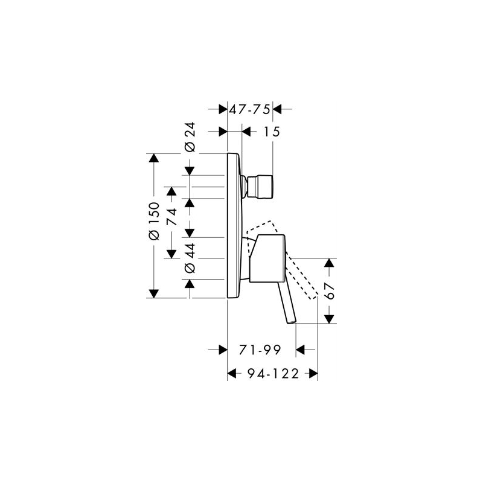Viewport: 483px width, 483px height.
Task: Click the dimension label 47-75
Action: (249, 109)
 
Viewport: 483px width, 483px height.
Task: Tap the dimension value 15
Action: (272, 132)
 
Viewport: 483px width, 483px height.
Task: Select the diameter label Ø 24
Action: (190, 137)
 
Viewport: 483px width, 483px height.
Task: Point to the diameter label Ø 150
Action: (154, 221)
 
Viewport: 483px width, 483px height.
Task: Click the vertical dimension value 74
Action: (171, 217)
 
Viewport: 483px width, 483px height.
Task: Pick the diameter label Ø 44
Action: (190, 258)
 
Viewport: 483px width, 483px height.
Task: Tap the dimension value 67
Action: (330, 291)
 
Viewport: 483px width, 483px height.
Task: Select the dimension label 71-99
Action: (260, 350)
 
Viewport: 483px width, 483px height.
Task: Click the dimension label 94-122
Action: (273, 374)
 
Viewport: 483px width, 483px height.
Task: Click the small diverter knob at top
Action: (261, 187)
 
